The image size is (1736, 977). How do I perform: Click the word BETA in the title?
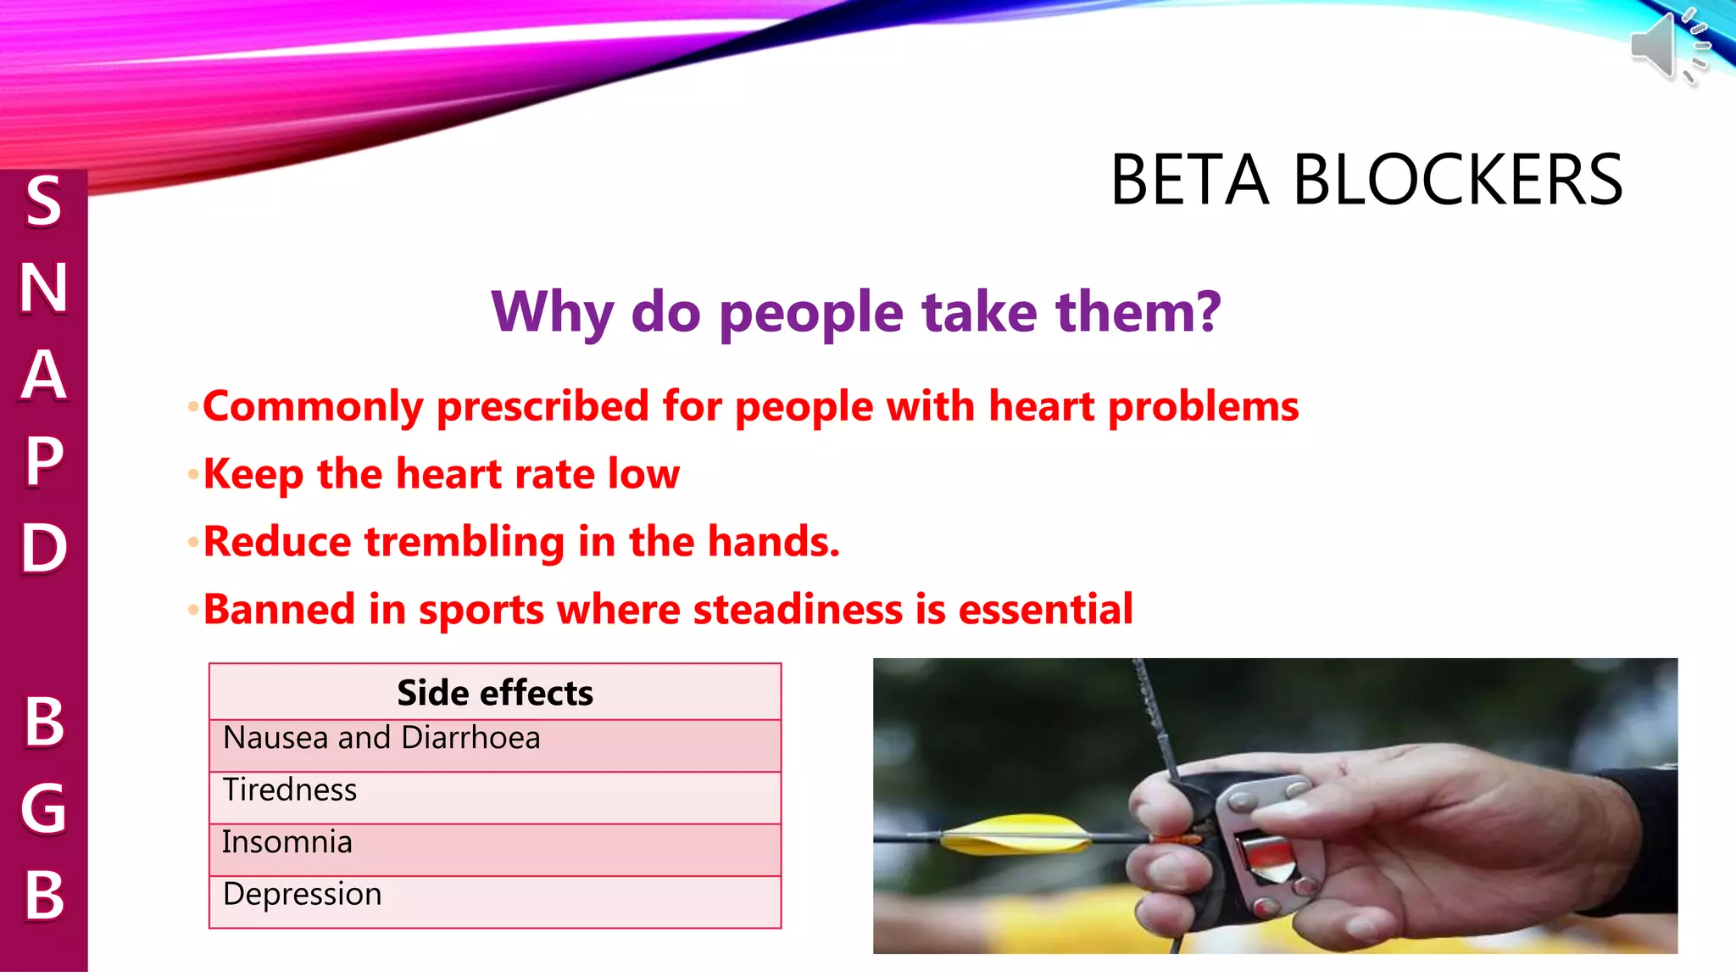click(x=1188, y=181)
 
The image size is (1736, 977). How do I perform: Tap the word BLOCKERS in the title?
click(x=1457, y=181)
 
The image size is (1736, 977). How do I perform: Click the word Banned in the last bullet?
click(x=279, y=610)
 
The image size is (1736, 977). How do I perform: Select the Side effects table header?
click(x=495, y=693)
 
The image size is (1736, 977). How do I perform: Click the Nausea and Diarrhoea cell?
click(x=381, y=739)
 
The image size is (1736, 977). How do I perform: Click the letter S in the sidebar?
click(x=43, y=202)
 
